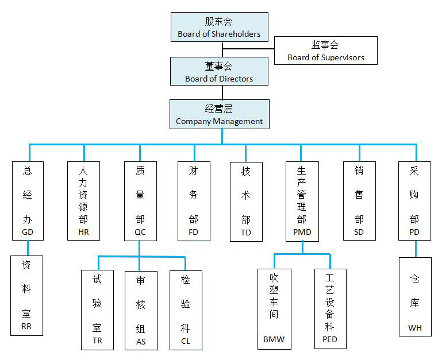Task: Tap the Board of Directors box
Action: coord(219,72)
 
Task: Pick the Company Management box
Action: coord(219,114)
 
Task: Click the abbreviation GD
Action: coord(28,232)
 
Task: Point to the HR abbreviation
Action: coord(84,232)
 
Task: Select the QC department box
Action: coord(140,200)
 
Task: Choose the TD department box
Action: coord(246,200)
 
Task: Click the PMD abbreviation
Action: coord(302,232)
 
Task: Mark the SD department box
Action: coord(359,200)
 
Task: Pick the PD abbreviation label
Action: coord(414,232)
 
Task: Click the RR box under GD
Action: coord(27,295)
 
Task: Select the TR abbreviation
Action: coord(97,341)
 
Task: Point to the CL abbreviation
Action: coord(185,341)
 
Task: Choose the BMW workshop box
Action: coord(274,309)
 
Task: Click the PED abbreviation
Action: coord(330,339)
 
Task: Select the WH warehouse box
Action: coord(415,296)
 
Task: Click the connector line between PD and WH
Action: coord(415,249)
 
